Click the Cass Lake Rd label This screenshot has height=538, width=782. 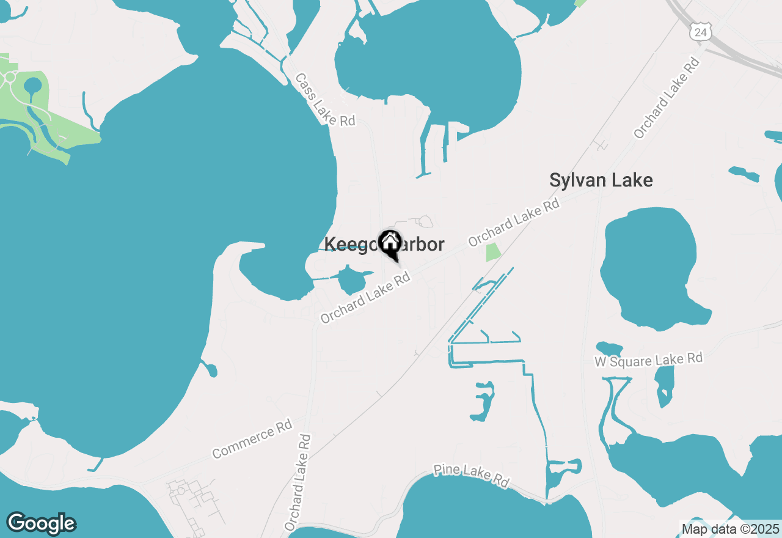click(324, 100)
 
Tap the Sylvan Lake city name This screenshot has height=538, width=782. click(601, 180)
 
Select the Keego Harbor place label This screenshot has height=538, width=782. click(384, 244)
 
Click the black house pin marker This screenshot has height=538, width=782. click(390, 243)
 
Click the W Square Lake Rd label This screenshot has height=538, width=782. click(649, 360)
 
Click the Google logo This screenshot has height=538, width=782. click(41, 523)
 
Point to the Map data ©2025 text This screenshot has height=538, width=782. click(730, 529)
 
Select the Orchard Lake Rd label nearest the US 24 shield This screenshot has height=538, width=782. click(667, 98)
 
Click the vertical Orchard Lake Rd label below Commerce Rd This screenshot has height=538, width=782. click(298, 483)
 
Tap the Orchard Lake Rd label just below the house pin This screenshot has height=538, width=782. click(365, 298)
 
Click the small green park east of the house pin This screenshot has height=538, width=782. click(492, 252)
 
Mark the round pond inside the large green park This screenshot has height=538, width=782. click(32, 87)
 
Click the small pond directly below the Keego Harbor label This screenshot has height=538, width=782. click(351, 281)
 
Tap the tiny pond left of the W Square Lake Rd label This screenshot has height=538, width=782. click(608, 349)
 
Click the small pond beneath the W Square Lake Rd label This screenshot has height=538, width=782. click(664, 385)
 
